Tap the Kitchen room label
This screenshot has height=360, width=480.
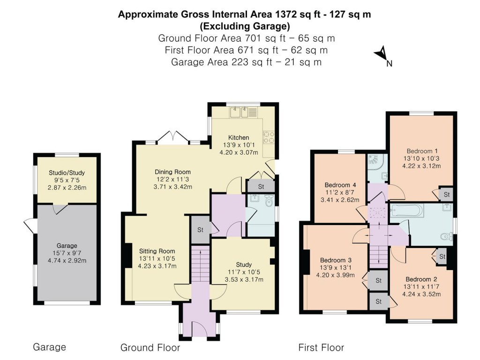[x=239, y=137]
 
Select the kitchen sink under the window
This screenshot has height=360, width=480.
[x=243, y=112]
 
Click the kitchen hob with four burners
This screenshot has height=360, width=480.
[x=269, y=137]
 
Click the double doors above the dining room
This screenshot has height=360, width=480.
[x=174, y=136]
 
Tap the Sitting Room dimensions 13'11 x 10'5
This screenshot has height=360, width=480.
[x=157, y=258]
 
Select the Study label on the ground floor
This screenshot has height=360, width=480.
[x=244, y=264]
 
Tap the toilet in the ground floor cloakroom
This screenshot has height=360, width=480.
[x=269, y=202]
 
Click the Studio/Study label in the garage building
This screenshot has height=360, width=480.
[x=67, y=173]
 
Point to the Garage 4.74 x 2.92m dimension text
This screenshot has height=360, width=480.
[x=67, y=261]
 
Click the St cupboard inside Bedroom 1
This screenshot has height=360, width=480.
[x=446, y=194]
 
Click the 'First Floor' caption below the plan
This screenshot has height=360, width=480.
[x=321, y=348]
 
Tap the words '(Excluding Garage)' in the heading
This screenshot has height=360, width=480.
[x=244, y=26]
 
